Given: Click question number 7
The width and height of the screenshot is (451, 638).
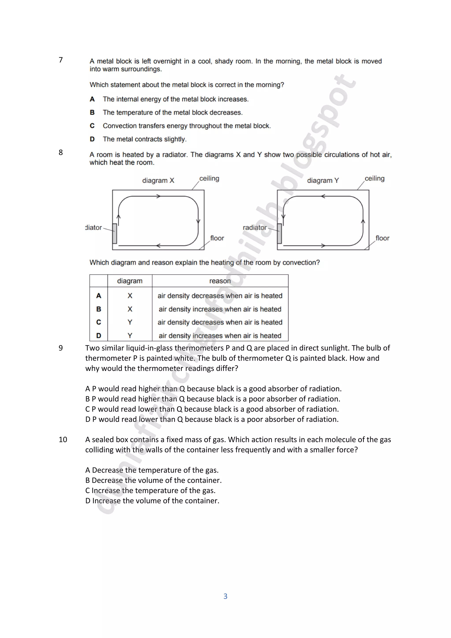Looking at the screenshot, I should pos(61,60).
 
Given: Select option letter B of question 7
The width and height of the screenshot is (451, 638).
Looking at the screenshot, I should pos(92,113).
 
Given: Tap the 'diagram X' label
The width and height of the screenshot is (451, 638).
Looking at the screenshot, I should pos(158,181).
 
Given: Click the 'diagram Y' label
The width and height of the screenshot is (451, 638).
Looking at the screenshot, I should pos(323,181).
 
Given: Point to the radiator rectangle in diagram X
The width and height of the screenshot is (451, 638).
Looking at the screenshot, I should pos(115,234).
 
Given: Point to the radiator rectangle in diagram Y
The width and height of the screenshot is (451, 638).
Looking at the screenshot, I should pos(279,234).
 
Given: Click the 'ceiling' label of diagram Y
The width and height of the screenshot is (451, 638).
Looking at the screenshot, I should pos(374,178).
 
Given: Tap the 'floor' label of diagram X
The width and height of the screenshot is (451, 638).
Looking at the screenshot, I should pos(217,238).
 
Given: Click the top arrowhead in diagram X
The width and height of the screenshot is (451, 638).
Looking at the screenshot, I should pos(158,196).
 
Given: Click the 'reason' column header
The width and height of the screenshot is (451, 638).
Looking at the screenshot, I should pos(220,281).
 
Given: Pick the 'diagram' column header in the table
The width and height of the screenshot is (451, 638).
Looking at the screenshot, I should pos(130,281).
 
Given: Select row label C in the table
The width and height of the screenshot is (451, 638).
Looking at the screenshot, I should pos(99,322).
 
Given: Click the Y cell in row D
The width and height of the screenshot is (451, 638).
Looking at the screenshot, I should pos(130,336).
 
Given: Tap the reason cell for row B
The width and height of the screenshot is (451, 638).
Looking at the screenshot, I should pos(220,309).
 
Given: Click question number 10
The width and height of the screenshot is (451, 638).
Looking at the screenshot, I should pos(63,440).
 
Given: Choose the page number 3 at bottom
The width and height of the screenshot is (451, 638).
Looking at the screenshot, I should pos(225,596).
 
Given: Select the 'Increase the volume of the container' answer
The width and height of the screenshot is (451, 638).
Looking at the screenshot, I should pos(155,501).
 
